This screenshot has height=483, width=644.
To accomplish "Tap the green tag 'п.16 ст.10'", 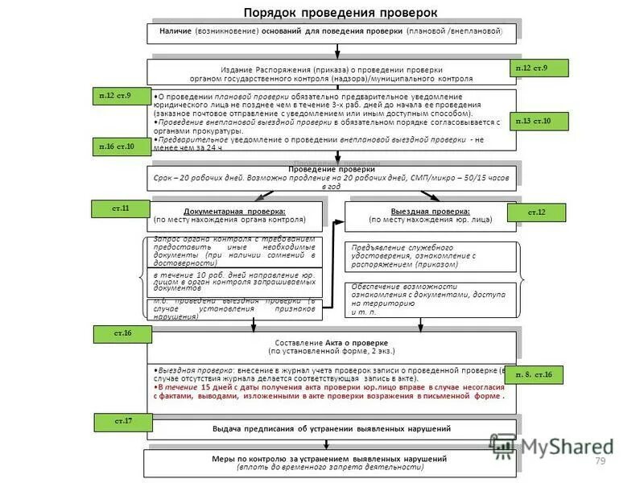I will (x=117, y=147).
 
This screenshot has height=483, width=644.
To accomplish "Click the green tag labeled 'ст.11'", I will (x=120, y=208).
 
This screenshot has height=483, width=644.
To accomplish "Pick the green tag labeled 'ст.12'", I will (x=536, y=212).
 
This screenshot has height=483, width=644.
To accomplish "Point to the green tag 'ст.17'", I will (x=123, y=421).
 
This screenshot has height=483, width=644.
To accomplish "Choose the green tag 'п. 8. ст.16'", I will (x=534, y=374).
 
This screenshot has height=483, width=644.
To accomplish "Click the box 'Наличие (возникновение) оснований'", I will (x=330, y=31).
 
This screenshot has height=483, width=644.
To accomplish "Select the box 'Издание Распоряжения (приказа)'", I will (x=330, y=74).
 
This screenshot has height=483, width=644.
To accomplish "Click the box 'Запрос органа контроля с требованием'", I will (x=233, y=251).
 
